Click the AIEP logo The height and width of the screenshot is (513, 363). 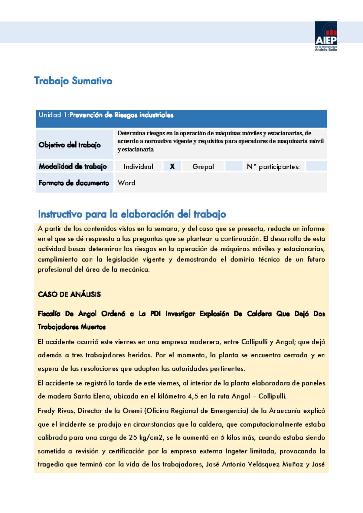[326, 36]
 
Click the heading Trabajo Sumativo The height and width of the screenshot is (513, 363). [73, 81]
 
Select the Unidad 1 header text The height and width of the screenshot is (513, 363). [106, 115]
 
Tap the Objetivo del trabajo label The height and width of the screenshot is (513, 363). [70, 145]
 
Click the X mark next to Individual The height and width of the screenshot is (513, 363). [172, 166]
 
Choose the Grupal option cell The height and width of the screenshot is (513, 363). [203, 166]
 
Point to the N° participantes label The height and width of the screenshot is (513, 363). [273, 167]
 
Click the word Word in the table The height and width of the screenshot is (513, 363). [126, 183]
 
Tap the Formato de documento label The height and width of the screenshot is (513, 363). [74, 183]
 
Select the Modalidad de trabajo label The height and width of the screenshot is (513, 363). [73, 166]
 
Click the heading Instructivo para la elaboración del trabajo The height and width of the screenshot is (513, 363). [132, 214]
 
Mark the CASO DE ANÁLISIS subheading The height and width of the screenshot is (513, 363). [69, 295]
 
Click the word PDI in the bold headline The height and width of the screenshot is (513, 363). [155, 314]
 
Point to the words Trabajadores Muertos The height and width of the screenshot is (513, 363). [72, 327]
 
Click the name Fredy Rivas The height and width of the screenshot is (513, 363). [56, 411]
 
